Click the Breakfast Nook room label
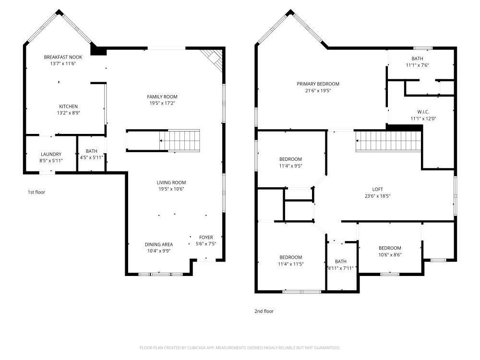(63, 57)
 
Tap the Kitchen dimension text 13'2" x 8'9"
(68, 113)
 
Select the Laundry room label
(51, 154)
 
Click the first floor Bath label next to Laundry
(92, 151)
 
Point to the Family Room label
(162, 97)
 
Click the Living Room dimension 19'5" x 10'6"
(171, 189)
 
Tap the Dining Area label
(159, 244)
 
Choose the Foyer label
(206, 237)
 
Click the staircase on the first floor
(180, 141)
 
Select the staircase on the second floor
(388, 141)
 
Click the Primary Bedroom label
(318, 84)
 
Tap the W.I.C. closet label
(423, 112)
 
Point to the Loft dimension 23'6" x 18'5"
(377, 196)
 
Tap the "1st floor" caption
(36, 192)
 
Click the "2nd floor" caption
(264, 312)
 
